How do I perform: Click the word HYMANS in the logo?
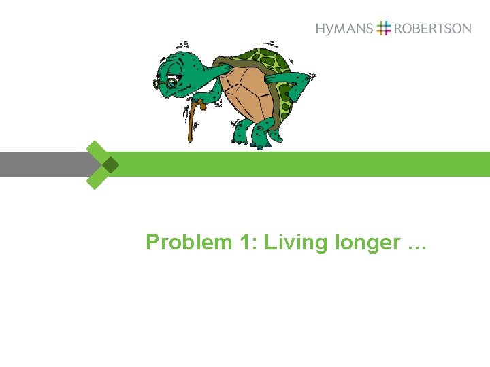344,29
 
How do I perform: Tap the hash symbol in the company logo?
384,29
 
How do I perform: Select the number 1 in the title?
246,243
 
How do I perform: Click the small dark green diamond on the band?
110,164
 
